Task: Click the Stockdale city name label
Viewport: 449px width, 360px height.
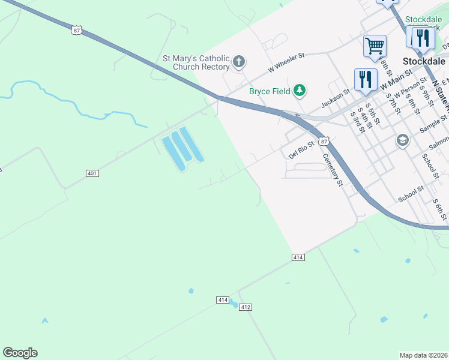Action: pyautogui.click(x=423, y=61)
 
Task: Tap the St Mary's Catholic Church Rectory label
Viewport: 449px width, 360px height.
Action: pyautogui.click(x=196, y=62)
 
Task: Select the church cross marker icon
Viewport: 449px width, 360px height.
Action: pyautogui.click(x=239, y=61)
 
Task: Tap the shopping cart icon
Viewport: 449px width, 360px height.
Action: pyautogui.click(x=375, y=45)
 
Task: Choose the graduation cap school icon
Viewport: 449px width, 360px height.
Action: pyautogui.click(x=402, y=140)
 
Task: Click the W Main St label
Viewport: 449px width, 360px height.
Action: pyautogui.click(x=397, y=80)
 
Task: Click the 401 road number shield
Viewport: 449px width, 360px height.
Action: pyautogui.click(x=92, y=173)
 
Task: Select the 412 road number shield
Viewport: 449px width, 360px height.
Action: pyautogui.click(x=245, y=307)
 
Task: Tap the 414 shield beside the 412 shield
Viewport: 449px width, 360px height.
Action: pyautogui.click(x=223, y=299)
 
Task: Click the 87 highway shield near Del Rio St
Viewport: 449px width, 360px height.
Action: pyautogui.click(x=324, y=141)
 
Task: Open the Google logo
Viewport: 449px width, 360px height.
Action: pyautogui.click(x=20, y=353)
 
